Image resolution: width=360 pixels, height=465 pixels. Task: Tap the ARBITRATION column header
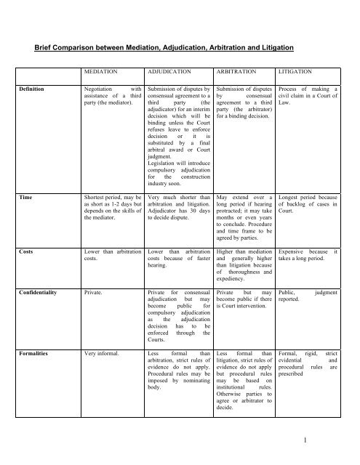pyautogui.click(x=240, y=73)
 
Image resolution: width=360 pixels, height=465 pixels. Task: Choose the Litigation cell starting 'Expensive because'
pyautogui.click(x=309, y=256)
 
